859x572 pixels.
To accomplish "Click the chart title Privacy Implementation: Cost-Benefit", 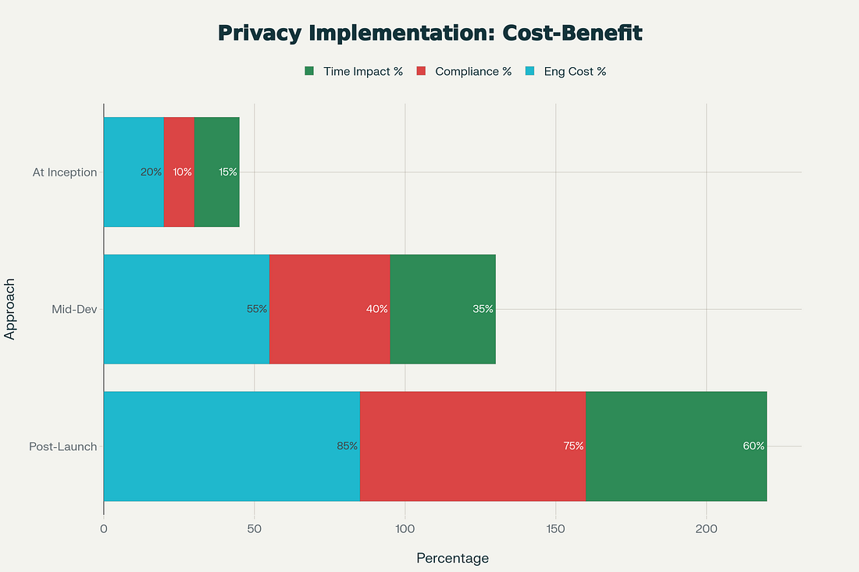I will tap(429, 33).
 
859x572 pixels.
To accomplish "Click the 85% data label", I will tap(347, 446).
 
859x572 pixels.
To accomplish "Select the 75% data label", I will tap(573, 446).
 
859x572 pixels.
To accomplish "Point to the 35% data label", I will tap(483, 309).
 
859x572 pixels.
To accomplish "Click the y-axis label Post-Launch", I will tap(62, 446).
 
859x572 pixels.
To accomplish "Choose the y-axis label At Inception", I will tap(65, 172).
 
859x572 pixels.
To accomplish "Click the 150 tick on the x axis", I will tap(555, 528).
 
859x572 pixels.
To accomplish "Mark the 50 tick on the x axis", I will tap(255, 528).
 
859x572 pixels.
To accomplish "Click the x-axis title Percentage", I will tap(452, 558).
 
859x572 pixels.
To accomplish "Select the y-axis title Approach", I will tap(11, 309).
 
